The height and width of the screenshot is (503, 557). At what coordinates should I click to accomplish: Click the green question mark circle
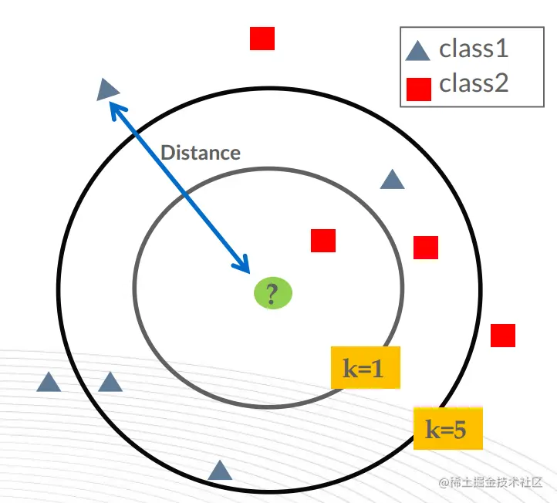[x=273, y=293]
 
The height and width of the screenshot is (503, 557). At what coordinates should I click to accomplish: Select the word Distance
[x=201, y=152]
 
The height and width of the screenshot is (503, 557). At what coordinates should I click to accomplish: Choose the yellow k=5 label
[x=447, y=429]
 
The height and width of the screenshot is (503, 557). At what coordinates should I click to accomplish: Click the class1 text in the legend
[x=474, y=49]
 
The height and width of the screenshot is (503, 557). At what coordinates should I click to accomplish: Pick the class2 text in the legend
[x=474, y=83]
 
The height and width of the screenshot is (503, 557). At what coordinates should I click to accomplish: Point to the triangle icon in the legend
[x=418, y=52]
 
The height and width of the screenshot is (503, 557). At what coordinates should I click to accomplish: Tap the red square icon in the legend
[x=418, y=89]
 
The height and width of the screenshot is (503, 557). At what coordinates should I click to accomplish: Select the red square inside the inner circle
[x=323, y=241]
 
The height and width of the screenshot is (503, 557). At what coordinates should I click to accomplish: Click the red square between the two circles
[x=426, y=248]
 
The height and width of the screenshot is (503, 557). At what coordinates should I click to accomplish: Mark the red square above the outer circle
[x=262, y=39]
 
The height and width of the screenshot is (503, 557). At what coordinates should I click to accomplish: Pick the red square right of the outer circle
[x=503, y=336]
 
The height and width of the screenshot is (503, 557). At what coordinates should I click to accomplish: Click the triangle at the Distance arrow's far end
[x=107, y=89]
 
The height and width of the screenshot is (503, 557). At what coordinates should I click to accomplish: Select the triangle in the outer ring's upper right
[x=392, y=181]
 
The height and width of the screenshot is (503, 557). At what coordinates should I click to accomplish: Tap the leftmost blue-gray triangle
[x=49, y=382]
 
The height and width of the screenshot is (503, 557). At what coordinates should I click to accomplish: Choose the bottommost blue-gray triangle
[x=220, y=471]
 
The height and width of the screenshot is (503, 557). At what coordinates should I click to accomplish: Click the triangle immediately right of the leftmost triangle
[x=110, y=382]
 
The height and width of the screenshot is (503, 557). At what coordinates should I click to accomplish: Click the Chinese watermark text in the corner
[x=491, y=483]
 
